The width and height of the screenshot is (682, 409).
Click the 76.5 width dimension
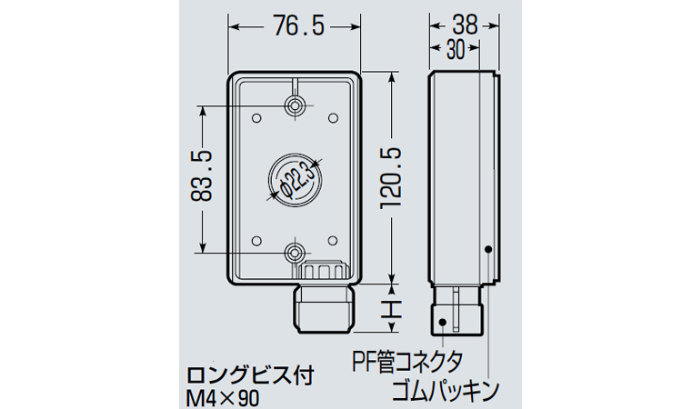(299, 26)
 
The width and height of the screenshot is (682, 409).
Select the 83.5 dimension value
(201, 176)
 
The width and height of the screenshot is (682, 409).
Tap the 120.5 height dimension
(391, 178)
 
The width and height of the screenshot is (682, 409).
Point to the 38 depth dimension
(465, 25)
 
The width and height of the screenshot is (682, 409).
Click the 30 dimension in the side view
(456, 50)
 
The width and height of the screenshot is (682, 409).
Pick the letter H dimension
(391, 308)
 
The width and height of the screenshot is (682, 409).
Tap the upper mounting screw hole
(296, 105)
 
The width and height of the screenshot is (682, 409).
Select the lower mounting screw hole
(296, 253)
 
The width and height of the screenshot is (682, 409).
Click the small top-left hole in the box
(257, 118)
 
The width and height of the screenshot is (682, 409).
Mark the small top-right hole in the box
(333, 118)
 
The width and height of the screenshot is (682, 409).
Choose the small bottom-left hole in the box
(257, 240)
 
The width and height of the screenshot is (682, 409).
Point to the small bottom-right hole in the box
(333, 240)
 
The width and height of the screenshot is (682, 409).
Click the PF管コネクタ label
(408, 363)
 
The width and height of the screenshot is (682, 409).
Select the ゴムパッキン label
(446, 390)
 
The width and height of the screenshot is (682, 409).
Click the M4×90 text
(222, 397)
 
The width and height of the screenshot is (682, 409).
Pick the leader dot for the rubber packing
(488, 249)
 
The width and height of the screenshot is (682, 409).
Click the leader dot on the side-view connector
(443, 322)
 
